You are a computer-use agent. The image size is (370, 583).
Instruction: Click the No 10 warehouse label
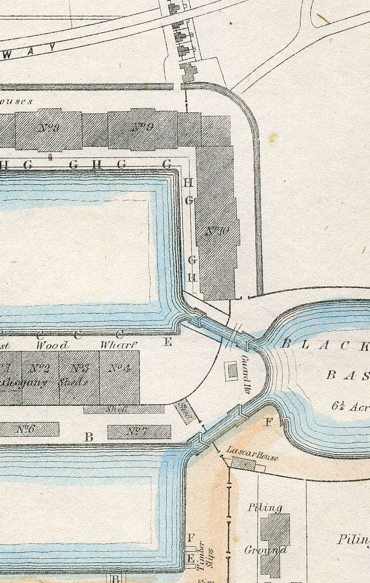tap(217, 232)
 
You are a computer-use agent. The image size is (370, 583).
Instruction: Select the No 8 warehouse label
tap(48, 128)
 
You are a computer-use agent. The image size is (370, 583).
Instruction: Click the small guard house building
tap(231, 370)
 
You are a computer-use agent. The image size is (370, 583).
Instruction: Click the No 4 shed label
tap(118, 368)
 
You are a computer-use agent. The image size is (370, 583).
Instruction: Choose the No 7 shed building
tap(139, 432)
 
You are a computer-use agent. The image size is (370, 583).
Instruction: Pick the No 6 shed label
tap(25, 428)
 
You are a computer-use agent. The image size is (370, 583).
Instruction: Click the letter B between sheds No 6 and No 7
tap(89, 436)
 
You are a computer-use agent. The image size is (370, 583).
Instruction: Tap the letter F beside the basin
tap(269, 422)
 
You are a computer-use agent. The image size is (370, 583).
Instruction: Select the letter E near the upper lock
tap(168, 341)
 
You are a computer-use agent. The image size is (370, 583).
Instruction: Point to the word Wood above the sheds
tap(52, 345)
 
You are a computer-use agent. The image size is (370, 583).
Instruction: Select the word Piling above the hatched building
tap(265, 507)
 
